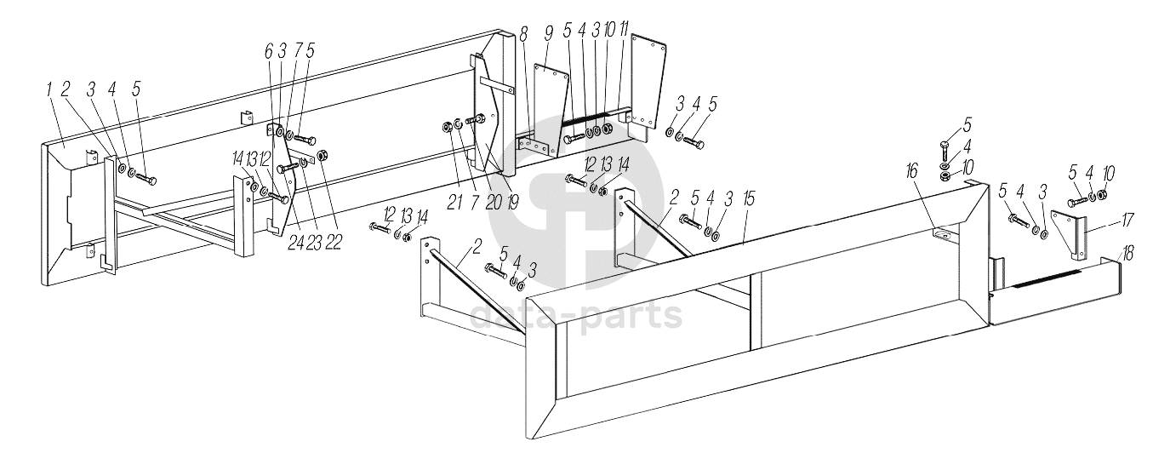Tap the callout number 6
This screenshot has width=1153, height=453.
(268, 52)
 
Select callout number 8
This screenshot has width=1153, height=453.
(524, 36)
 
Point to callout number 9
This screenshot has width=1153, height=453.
(548, 34)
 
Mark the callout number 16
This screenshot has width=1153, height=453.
(912, 172)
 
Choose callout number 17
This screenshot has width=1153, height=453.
(1127, 221)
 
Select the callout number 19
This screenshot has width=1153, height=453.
(511, 202)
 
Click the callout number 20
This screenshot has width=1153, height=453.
(493, 202)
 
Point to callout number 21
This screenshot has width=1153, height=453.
(454, 203)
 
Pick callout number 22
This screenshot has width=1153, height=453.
(333, 242)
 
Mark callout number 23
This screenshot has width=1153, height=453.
(314, 242)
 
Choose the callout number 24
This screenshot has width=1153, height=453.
(295, 242)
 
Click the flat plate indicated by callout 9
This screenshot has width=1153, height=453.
(551, 109)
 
